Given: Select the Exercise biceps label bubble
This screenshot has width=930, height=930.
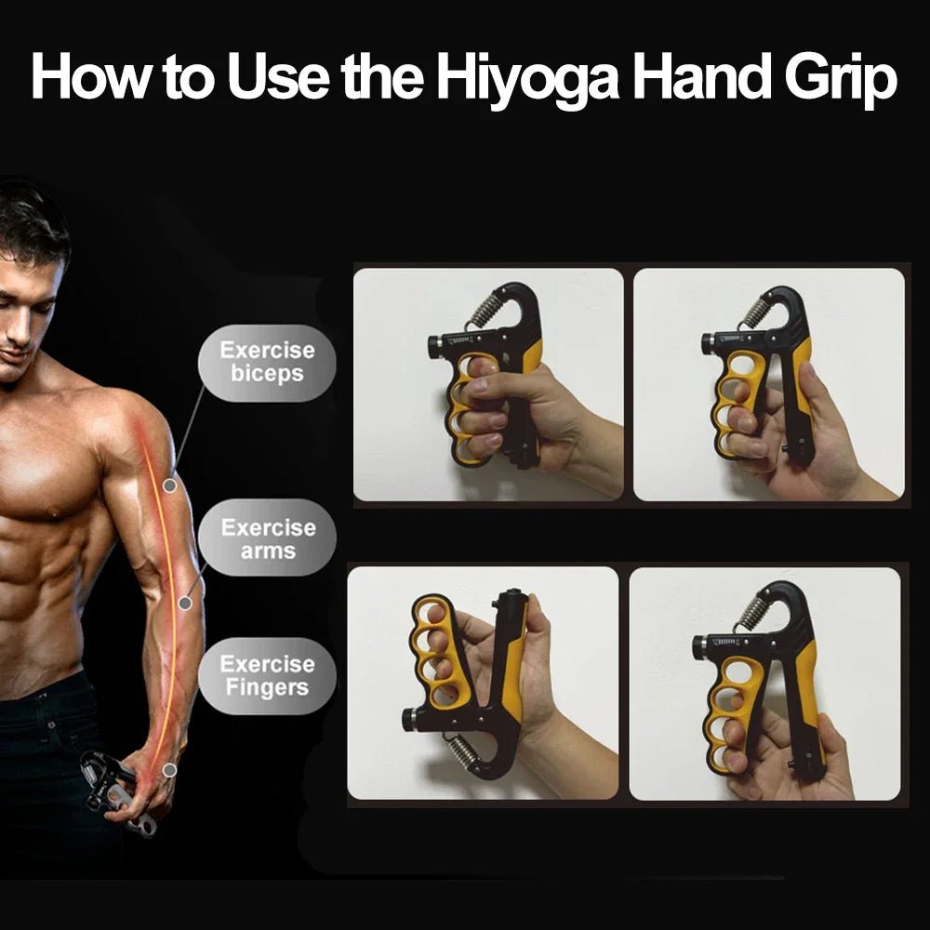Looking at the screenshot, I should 267,363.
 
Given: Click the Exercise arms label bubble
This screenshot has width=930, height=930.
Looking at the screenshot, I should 268,538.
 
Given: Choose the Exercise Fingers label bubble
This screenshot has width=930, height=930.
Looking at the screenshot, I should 267,676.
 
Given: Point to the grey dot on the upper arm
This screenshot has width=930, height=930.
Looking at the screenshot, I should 169,485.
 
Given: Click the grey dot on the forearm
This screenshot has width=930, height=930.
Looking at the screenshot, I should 185,603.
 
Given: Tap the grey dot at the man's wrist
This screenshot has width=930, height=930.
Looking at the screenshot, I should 169,770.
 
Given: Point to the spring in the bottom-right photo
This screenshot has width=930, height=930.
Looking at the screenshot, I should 754,610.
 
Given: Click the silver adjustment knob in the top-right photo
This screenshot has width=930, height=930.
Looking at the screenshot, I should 709,342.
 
